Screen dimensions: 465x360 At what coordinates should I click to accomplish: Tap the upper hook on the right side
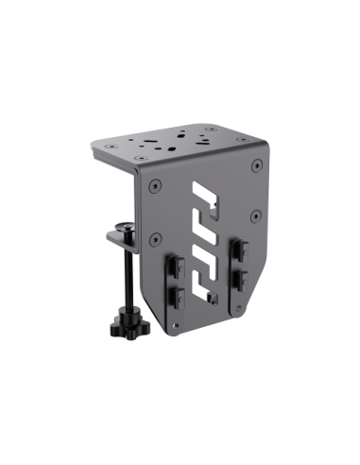[x=241, y=251]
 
